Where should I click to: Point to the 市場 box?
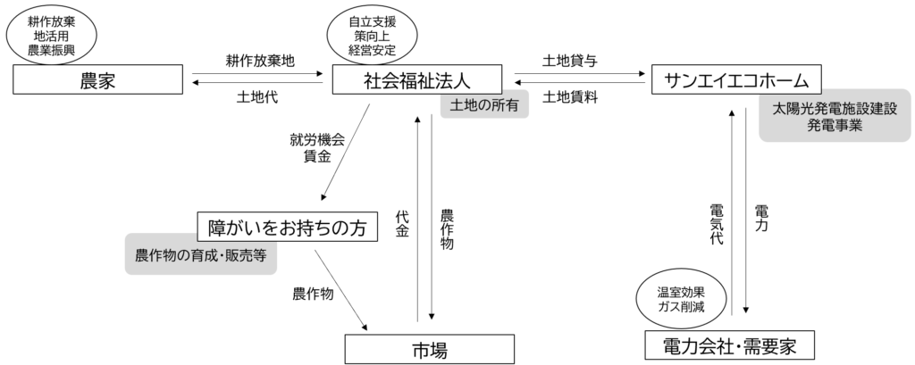pos(430,349)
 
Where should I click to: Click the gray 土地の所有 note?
pos(484,105)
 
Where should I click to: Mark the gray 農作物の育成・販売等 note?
pos(201,255)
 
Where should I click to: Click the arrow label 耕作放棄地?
pos(261,62)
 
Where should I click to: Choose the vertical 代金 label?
pos(402,223)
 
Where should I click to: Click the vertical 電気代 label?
pos(717,223)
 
